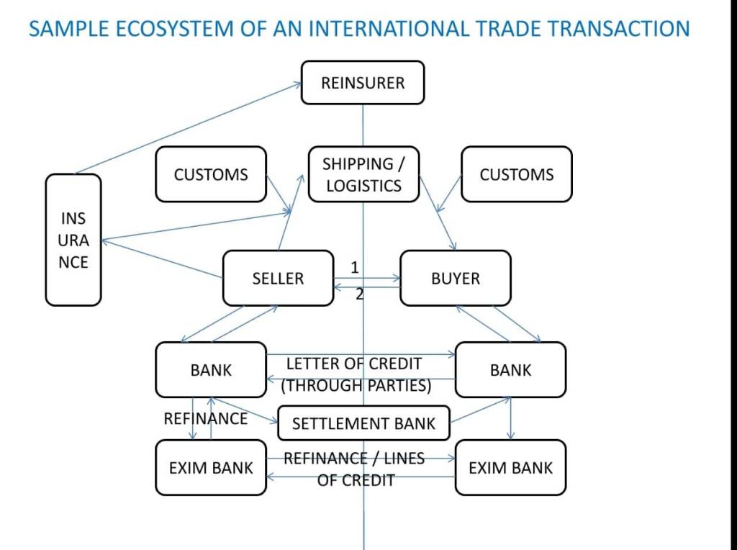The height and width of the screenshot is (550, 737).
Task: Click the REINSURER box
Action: pyautogui.click(x=362, y=83)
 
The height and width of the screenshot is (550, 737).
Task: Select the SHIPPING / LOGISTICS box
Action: pyautogui.click(x=363, y=174)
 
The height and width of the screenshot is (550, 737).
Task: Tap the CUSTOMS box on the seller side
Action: pyautogui.click(x=210, y=174)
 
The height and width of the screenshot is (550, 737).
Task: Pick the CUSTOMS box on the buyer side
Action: pyautogui.click(x=516, y=174)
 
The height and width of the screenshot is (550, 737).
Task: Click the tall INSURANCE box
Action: pyautogui.click(x=73, y=240)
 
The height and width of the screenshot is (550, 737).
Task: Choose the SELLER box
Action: pyautogui.click(x=278, y=278)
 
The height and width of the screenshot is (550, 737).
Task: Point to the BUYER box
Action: pyautogui.click(x=455, y=278)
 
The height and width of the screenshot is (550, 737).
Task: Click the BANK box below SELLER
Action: pyautogui.click(x=210, y=370)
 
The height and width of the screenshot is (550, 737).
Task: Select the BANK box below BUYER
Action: pyautogui.click(x=510, y=370)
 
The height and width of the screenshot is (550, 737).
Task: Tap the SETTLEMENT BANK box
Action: pyautogui.click(x=363, y=423)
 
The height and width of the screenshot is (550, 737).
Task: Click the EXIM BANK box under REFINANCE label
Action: pyautogui.click(x=210, y=468)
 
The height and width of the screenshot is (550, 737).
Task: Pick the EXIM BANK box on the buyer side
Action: pyautogui.click(x=510, y=468)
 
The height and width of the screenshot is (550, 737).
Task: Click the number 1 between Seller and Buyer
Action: pyautogui.click(x=354, y=267)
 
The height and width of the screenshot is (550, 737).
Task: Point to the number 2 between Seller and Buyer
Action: pyautogui.click(x=360, y=294)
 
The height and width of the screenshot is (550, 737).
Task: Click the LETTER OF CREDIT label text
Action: pyautogui.click(x=355, y=364)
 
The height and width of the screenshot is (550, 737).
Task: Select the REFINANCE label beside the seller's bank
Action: pyautogui.click(x=205, y=418)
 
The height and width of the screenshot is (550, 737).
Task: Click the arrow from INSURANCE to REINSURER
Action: pyautogui.click(x=187, y=128)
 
